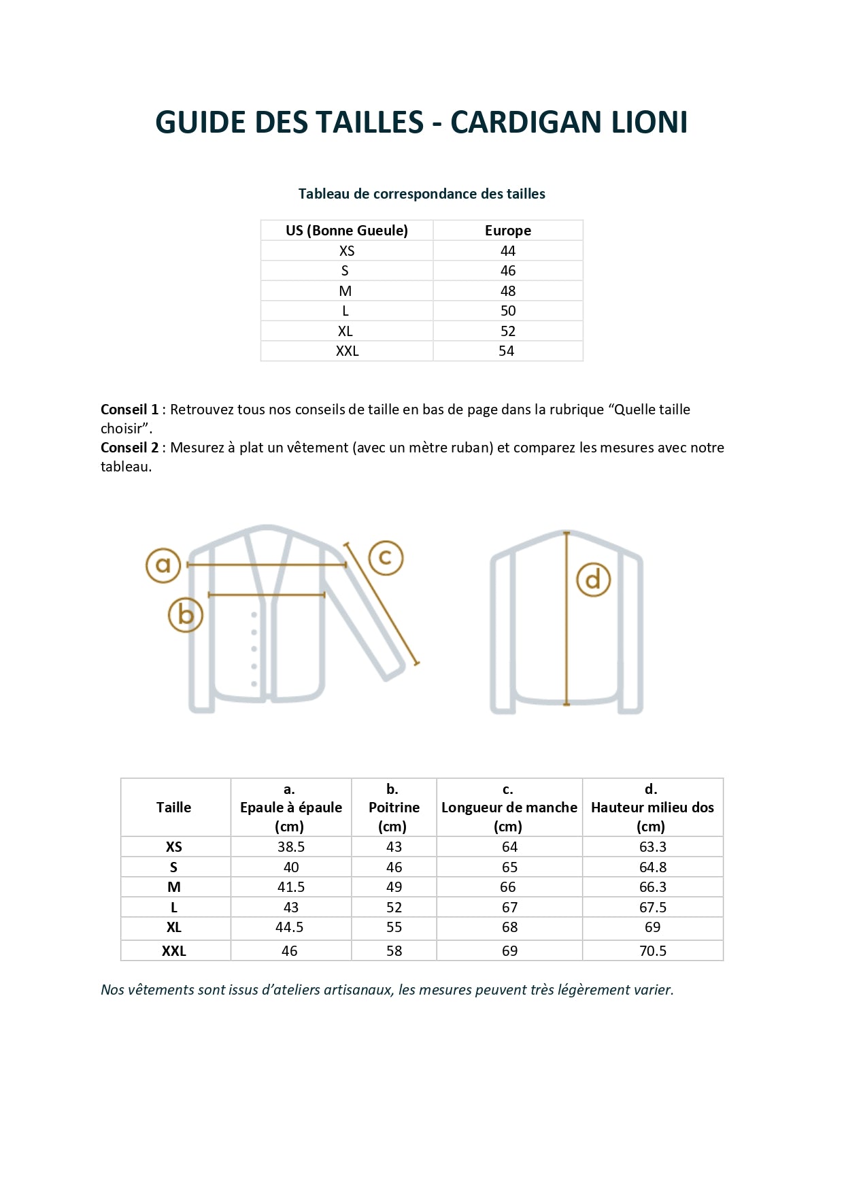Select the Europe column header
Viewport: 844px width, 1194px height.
coord(507,231)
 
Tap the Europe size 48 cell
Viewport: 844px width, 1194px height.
coord(507,291)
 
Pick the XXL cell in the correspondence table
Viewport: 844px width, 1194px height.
coord(347,351)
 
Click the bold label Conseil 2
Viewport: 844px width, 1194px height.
coord(129,448)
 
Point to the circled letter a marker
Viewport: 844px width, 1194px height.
coord(163,565)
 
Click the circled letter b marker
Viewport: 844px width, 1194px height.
coord(186,615)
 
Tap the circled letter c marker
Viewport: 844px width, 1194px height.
coord(386,558)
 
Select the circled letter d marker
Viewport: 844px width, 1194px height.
coord(593,580)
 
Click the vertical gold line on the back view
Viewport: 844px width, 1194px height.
coord(567,646)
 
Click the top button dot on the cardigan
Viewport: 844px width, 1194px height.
coord(254,615)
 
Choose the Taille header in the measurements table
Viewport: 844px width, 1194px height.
coord(173,808)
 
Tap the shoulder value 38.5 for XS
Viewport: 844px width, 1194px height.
coord(290,847)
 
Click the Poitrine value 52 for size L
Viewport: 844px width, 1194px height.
coord(394,908)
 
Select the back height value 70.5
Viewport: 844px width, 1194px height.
coord(652,951)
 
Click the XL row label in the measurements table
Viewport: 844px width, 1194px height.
coord(173,927)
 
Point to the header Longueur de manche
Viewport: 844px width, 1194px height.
coord(509,808)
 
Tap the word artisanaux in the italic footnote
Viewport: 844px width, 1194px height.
coord(358,990)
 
